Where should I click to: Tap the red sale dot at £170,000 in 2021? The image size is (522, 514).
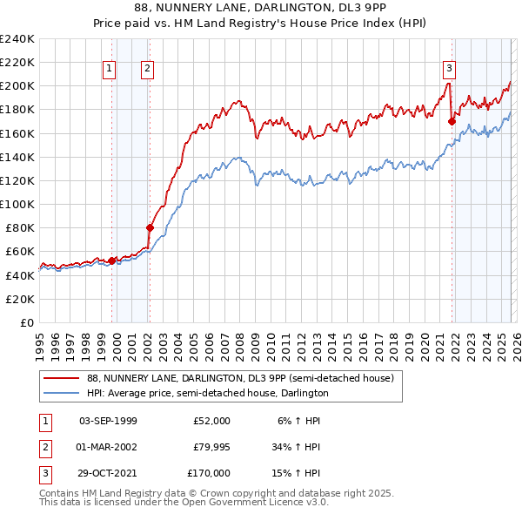(x=452, y=122)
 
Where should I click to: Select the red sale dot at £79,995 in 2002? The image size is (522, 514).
(x=150, y=227)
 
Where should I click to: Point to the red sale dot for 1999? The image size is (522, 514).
(x=112, y=260)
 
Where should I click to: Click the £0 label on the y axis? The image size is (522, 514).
(x=26, y=322)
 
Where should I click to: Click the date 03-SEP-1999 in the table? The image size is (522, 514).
(x=108, y=421)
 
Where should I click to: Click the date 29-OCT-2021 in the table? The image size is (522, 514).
(x=108, y=473)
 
